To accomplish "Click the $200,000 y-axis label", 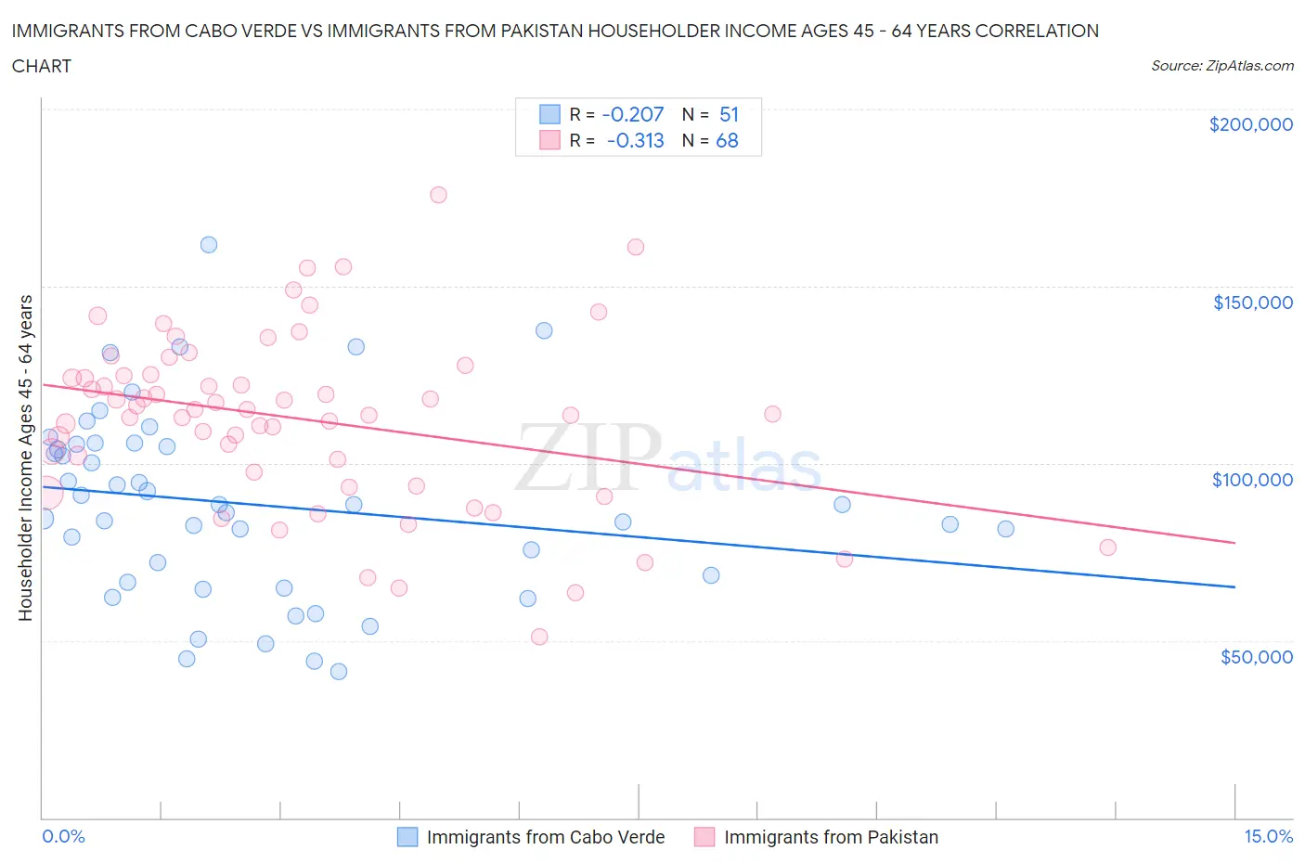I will coord(1250,124).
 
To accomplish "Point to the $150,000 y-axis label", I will coord(1252,303).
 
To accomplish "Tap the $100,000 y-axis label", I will coord(1252,480).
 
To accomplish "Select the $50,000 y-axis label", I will coord(1256,657).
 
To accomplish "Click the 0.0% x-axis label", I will coord(63,836).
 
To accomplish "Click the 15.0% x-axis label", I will coord(1268,836).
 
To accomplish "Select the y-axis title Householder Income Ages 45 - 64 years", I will coord(25,457).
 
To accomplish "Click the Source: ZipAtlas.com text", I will coord(1221,66).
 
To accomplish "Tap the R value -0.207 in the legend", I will coord(633,114).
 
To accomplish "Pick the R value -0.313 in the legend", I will coord(635,140).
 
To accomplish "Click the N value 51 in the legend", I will coord(729,114).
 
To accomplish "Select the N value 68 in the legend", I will coord(727,140).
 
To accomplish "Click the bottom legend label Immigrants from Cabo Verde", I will coord(546,837).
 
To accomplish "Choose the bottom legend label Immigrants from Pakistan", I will coord(831,837).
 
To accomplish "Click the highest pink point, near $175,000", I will coord(438,195).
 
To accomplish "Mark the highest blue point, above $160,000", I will coord(209,245).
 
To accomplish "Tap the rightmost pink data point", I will coord(1107,547).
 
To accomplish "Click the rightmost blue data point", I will coord(1005,529).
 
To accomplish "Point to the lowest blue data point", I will coord(339,672).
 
